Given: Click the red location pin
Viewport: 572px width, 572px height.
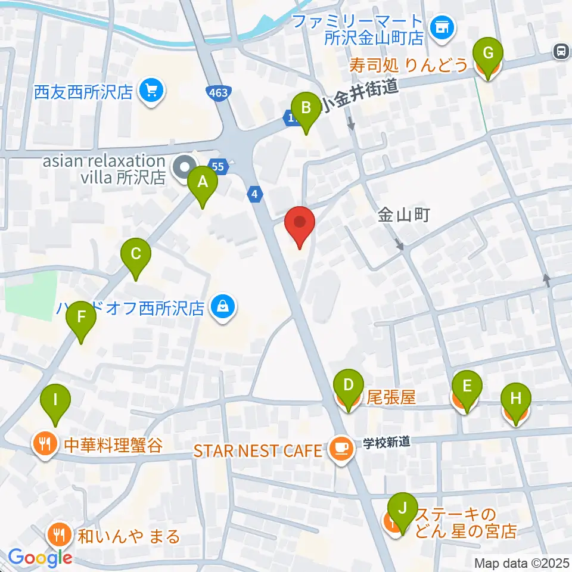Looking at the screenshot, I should click(300, 225).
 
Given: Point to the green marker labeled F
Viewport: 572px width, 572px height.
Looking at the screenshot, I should click(82, 321).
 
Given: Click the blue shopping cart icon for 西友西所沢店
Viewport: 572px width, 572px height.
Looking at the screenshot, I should click(151, 91).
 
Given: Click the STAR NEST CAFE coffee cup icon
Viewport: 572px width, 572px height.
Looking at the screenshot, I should click(340, 447).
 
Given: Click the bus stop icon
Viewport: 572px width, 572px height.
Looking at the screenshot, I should click(561, 52).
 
